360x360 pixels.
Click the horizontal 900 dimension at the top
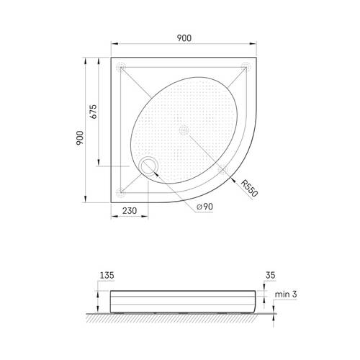(184, 38)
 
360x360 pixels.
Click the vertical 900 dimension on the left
(80, 138)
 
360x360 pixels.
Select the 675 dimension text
(93, 112)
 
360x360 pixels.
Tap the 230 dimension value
(130, 211)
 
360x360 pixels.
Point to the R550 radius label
(249, 188)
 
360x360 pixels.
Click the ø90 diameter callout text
(204, 207)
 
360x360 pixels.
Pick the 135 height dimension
(107, 275)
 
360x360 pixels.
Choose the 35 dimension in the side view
(270, 275)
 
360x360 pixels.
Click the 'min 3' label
(286, 294)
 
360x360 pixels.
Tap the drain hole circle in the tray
(149, 166)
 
